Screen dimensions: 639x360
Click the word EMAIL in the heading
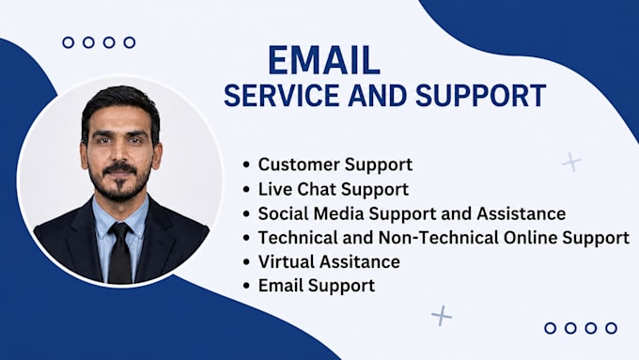324,60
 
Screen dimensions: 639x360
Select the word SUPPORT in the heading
480,95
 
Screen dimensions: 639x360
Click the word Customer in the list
299,164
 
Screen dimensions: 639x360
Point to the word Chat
317,189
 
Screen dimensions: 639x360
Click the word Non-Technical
438,238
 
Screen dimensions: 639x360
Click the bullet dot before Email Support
246,286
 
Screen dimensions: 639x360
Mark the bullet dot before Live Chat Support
246,190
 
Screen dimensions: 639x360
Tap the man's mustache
120,168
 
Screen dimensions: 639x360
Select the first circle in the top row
69,42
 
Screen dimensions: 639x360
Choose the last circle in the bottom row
611,328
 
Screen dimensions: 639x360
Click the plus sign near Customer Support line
571,162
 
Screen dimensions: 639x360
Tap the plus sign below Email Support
442,316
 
